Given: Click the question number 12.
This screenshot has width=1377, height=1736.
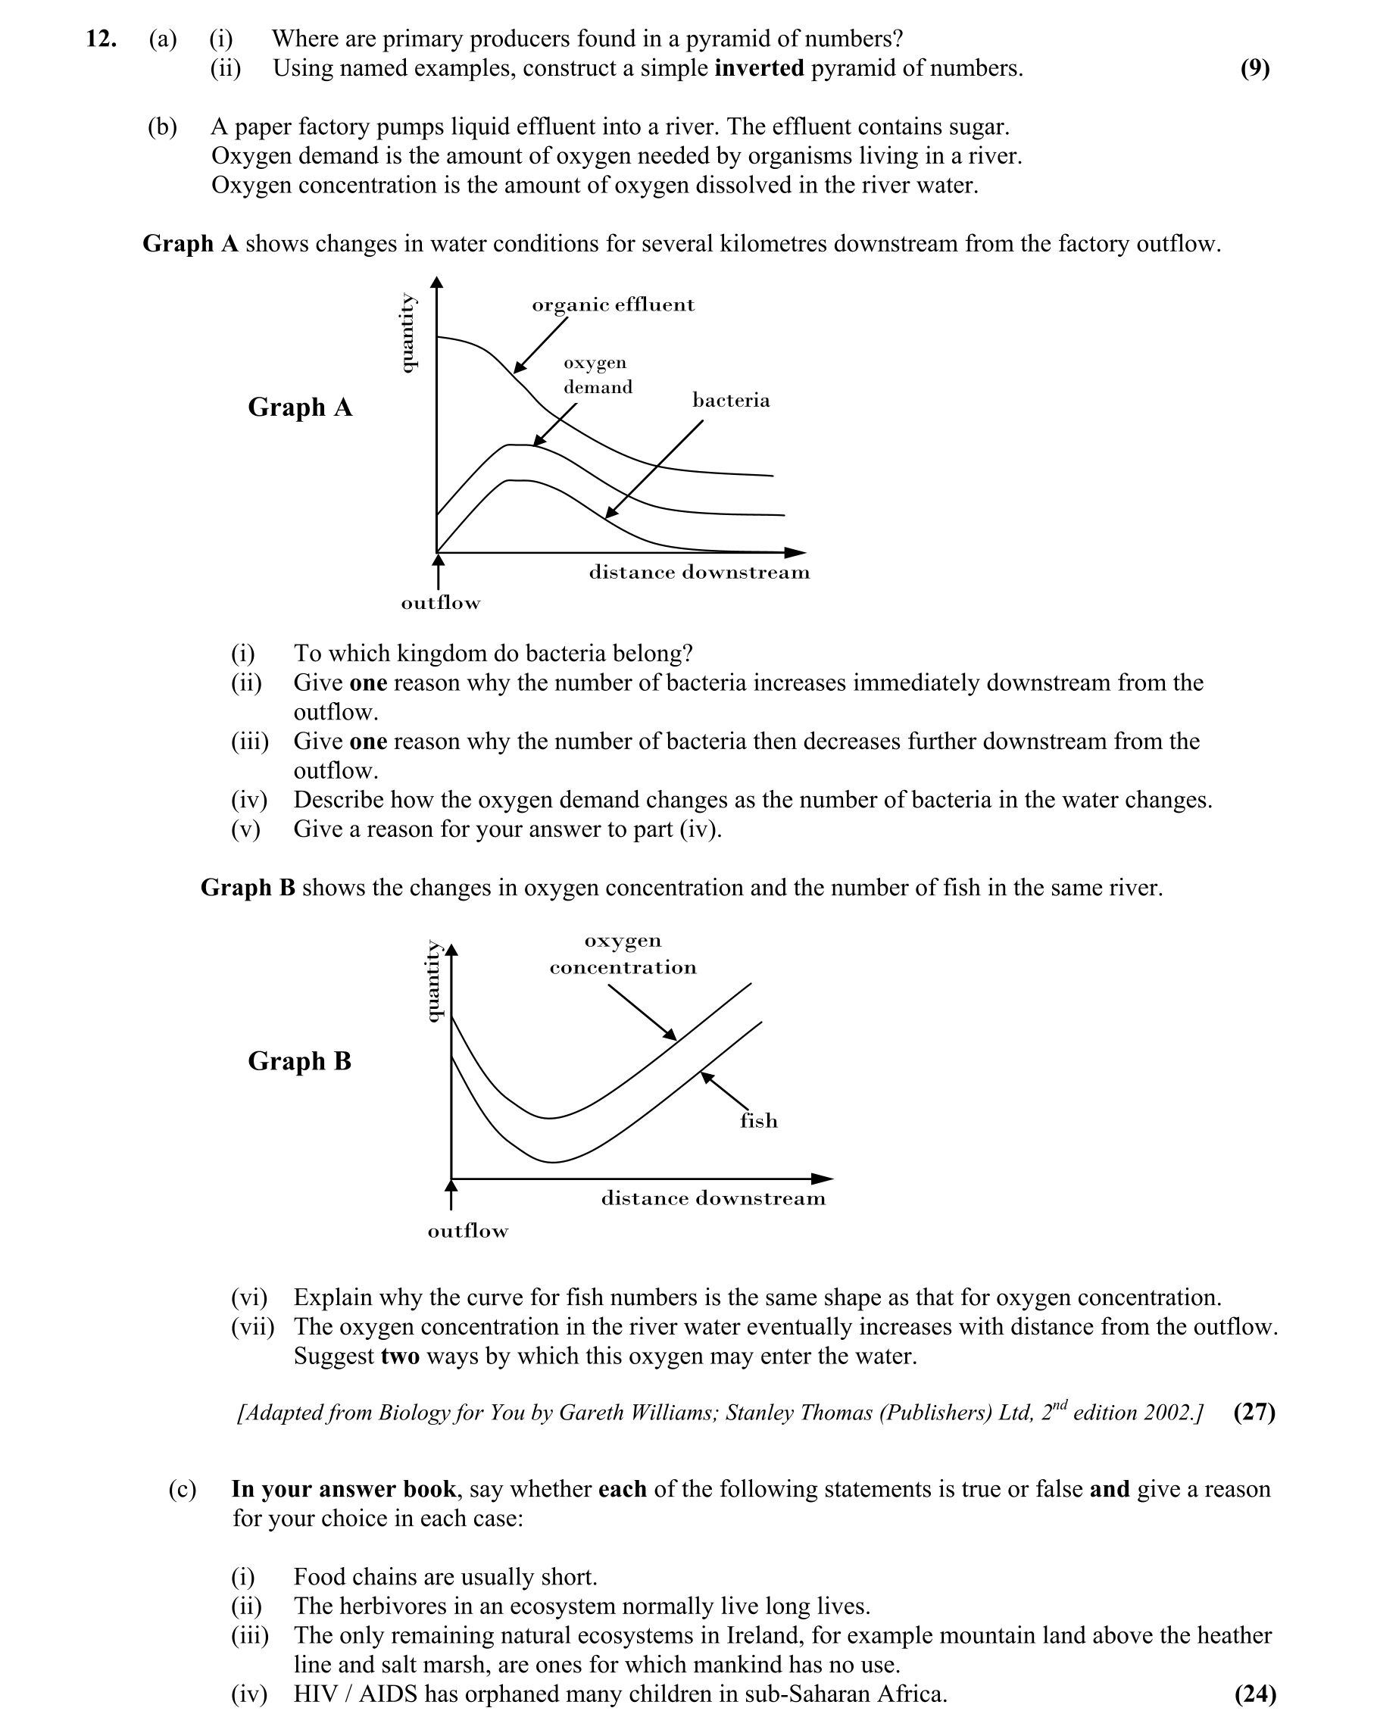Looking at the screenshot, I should click(101, 39).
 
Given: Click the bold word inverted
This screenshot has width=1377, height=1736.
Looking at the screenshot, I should click(758, 68).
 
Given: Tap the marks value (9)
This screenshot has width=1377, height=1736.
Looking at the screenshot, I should click(1254, 68).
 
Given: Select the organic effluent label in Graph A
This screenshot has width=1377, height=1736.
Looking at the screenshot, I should click(613, 305).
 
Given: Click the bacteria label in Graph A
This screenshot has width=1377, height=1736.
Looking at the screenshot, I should click(730, 400).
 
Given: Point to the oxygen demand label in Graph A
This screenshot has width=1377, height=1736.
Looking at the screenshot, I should click(597, 375).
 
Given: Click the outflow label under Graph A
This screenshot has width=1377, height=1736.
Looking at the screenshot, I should click(441, 603).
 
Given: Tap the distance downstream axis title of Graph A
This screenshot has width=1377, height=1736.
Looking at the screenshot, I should click(699, 573).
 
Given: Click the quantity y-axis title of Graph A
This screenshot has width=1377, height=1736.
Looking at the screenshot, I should click(408, 333).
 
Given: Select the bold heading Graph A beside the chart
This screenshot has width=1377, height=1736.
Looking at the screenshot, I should click(299, 407).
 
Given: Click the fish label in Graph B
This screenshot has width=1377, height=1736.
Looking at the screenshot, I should click(758, 1121).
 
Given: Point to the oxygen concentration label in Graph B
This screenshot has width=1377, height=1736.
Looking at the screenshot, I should click(623, 954).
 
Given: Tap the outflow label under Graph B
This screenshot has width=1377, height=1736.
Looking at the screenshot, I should click(468, 1231).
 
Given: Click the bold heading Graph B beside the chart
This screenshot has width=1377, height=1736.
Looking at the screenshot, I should click(299, 1061).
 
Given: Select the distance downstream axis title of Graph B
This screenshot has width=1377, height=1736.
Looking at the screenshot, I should click(713, 1199).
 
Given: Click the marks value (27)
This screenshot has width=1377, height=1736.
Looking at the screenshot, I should click(1254, 1413).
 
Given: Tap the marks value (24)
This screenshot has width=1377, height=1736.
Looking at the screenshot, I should click(1254, 1694).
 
